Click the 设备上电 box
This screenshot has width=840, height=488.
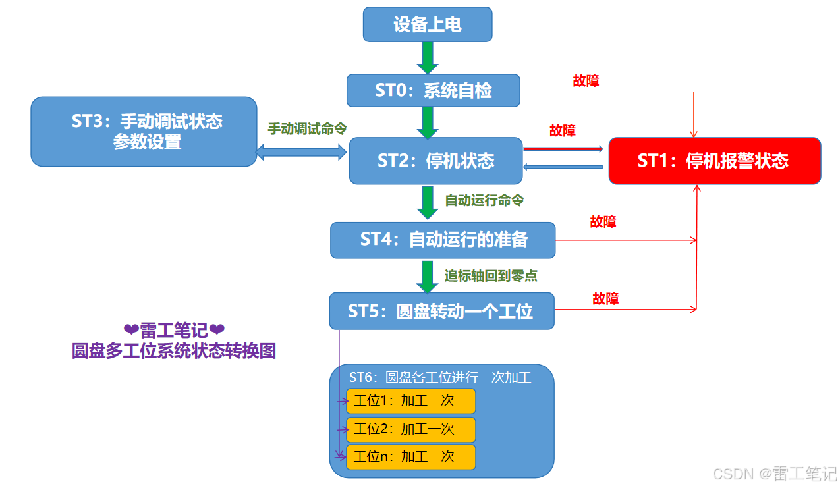point(428,24)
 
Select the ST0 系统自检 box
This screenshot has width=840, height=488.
point(433,90)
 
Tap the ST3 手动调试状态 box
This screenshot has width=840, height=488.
point(144,131)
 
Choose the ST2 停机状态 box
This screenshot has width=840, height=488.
point(435,161)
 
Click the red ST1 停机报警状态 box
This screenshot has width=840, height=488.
point(714,161)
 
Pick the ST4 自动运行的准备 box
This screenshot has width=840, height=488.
point(443,239)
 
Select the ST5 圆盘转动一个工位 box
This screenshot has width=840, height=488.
point(441,311)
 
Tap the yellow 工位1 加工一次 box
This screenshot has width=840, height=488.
point(410,400)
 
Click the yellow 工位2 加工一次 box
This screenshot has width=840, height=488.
point(410,429)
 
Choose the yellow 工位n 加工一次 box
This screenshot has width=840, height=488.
point(410,457)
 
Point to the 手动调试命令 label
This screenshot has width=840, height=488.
point(307,128)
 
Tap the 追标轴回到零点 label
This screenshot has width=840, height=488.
point(491,275)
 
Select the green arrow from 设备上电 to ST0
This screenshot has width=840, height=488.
point(428,57)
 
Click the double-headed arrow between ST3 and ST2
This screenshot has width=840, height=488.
point(301,153)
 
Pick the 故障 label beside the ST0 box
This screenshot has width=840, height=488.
point(586,80)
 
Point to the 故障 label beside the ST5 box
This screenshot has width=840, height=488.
point(605,298)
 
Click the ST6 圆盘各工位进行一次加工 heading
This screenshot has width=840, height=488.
point(440,377)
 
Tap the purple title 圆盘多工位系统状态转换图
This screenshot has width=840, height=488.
point(174,351)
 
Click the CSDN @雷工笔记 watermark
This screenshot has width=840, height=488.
point(775,474)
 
